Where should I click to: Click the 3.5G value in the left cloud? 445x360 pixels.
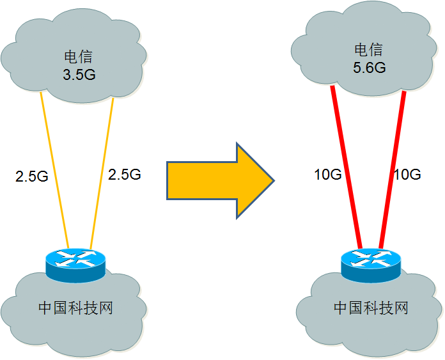point(79,74)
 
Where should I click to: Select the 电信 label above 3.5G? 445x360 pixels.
point(79,58)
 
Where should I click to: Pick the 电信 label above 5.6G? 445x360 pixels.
point(369,51)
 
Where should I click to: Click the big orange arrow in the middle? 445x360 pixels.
point(217,180)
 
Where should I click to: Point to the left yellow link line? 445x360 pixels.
point(54,166)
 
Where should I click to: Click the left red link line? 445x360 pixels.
point(346,166)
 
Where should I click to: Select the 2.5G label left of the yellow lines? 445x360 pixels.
point(32,176)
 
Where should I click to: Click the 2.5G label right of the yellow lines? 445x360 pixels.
point(125,174)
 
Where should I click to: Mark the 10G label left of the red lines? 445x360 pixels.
point(328,175)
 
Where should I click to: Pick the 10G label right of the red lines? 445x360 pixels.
point(407,175)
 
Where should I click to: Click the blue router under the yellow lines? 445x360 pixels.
point(75,263)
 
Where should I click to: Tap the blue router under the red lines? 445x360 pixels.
point(371,263)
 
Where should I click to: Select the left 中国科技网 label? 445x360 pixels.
point(75,308)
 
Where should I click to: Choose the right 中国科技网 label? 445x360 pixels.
point(371,308)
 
